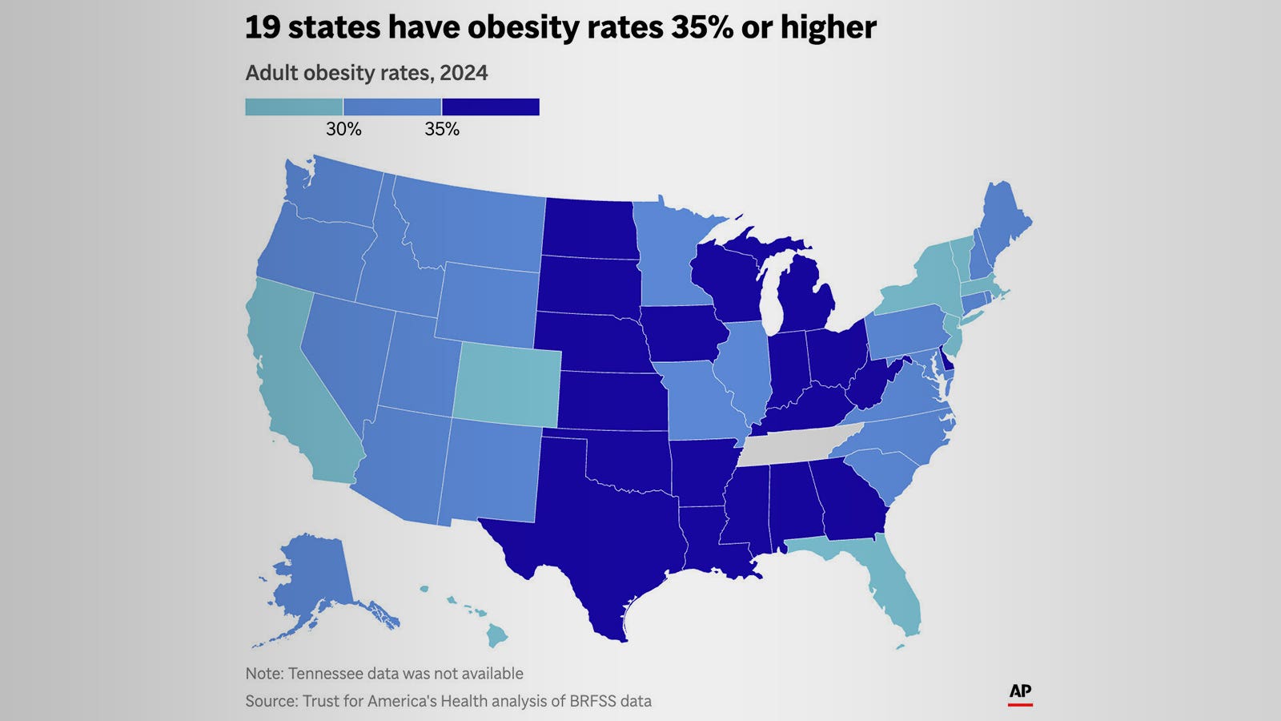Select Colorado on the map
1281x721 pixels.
508,386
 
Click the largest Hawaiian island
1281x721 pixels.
497,637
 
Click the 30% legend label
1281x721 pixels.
343,129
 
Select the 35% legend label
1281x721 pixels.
442,129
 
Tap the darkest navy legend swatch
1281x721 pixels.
491,107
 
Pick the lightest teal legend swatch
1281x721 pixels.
294,107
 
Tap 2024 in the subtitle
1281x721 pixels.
464,73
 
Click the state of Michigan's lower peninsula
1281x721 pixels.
809,300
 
